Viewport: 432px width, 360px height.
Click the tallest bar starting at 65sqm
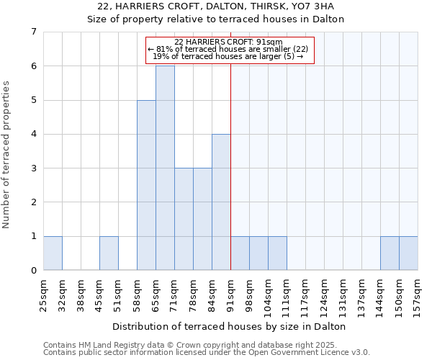tap(165, 168)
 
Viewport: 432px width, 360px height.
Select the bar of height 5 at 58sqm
tap(146, 185)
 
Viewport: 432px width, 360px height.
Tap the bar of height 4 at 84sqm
tap(221, 202)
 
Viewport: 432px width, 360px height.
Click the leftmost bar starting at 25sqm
tap(53, 253)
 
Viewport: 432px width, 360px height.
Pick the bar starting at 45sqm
tap(109, 253)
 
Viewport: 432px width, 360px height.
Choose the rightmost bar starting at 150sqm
tap(408, 253)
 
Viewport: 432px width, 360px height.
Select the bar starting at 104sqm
tap(277, 253)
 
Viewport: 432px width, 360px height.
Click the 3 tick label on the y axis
tap(33, 168)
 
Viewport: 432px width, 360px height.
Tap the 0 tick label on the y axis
tap(33, 271)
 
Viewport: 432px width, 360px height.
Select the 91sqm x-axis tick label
tap(230, 293)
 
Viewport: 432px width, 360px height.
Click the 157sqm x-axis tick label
tap(418, 294)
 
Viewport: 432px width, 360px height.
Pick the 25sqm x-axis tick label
tap(43, 293)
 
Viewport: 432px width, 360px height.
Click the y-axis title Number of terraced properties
tap(7, 154)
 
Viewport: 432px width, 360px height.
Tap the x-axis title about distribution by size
tap(230, 326)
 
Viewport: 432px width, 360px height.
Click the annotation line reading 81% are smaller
tap(230, 49)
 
